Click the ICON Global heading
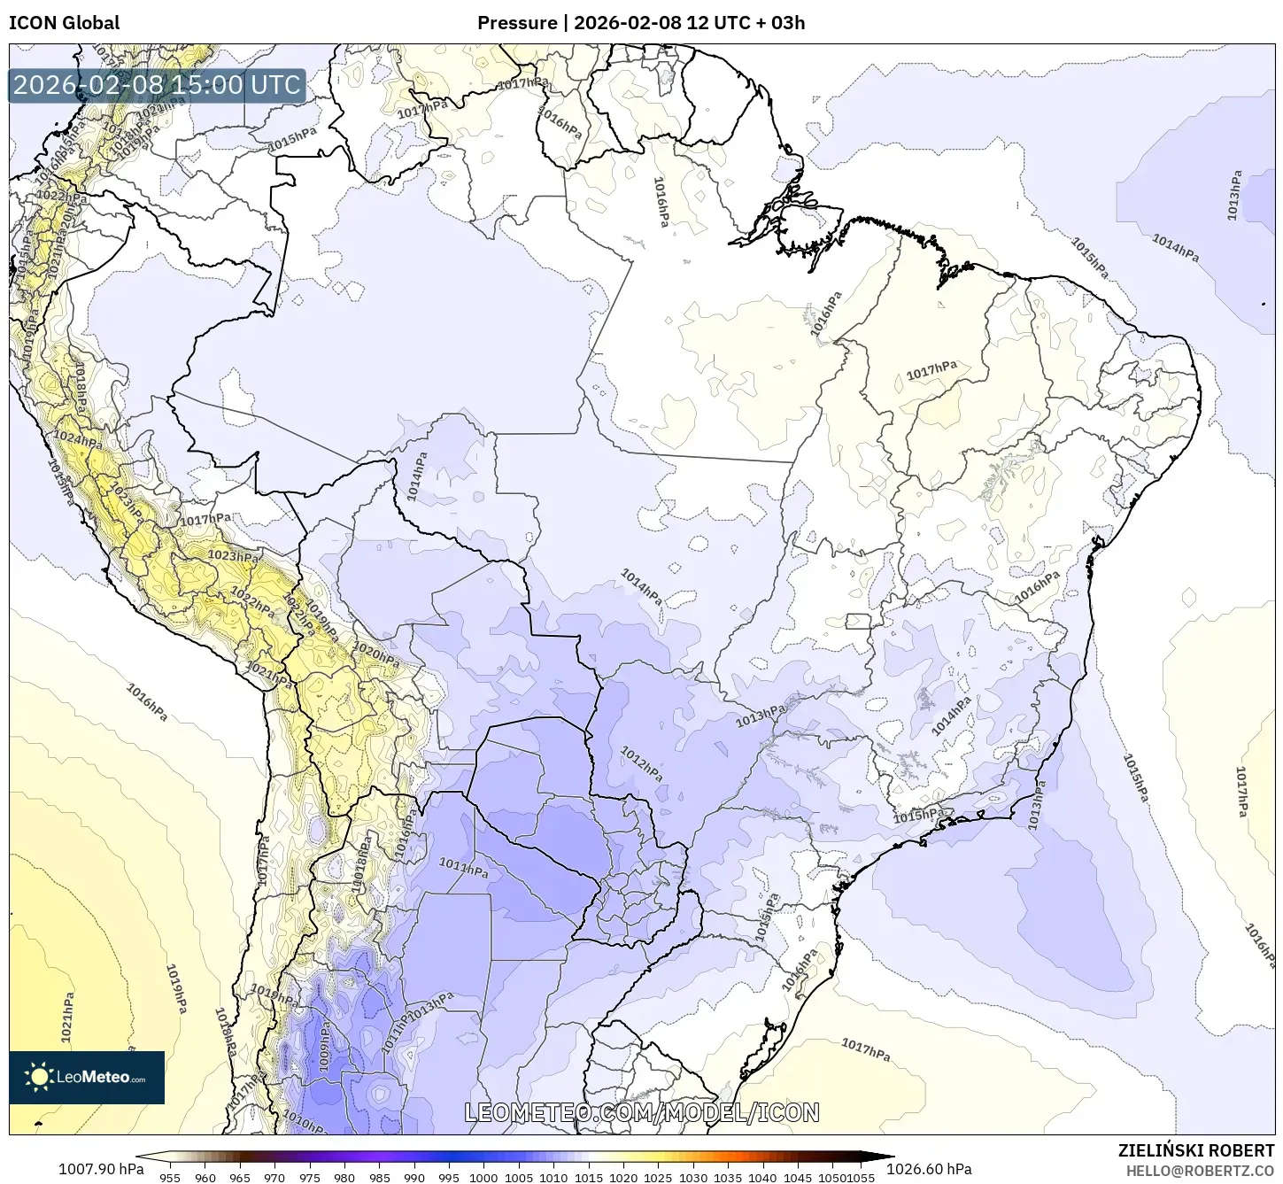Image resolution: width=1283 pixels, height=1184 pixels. [x=64, y=22]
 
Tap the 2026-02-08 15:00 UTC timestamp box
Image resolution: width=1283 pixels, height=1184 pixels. [x=157, y=86]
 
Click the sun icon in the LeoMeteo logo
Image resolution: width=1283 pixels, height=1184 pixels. [x=39, y=1077]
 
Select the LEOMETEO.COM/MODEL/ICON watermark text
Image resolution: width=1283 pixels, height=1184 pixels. [x=642, y=1112]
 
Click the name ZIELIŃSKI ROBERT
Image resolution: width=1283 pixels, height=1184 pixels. [x=1196, y=1150]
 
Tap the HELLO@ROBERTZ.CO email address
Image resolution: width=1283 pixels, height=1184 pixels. [x=1200, y=1171]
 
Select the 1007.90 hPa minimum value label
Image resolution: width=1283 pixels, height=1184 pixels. [x=100, y=1169]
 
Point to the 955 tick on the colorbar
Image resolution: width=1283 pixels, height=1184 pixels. [x=170, y=1178]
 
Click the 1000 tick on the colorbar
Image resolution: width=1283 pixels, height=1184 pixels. [x=483, y=1178]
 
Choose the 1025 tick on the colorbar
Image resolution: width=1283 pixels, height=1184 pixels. [x=658, y=1178]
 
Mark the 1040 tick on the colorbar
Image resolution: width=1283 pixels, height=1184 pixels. [x=762, y=1178]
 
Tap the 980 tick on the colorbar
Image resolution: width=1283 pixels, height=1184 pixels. [x=344, y=1178]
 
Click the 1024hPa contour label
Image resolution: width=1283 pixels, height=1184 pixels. [x=78, y=438]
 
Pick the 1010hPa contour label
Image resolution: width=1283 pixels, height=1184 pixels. [x=306, y=1123]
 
